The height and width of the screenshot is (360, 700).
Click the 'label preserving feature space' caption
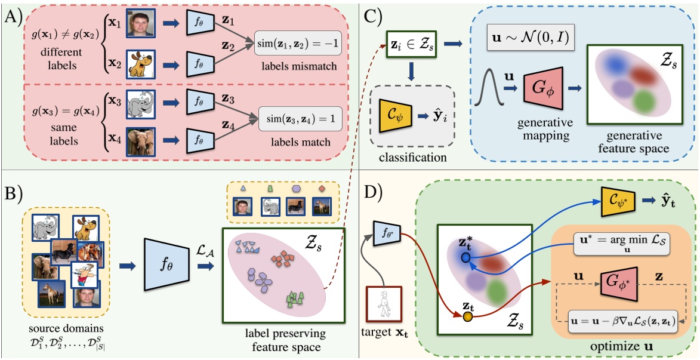pos(281,339)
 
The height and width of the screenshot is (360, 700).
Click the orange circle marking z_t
pos(468,315)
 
